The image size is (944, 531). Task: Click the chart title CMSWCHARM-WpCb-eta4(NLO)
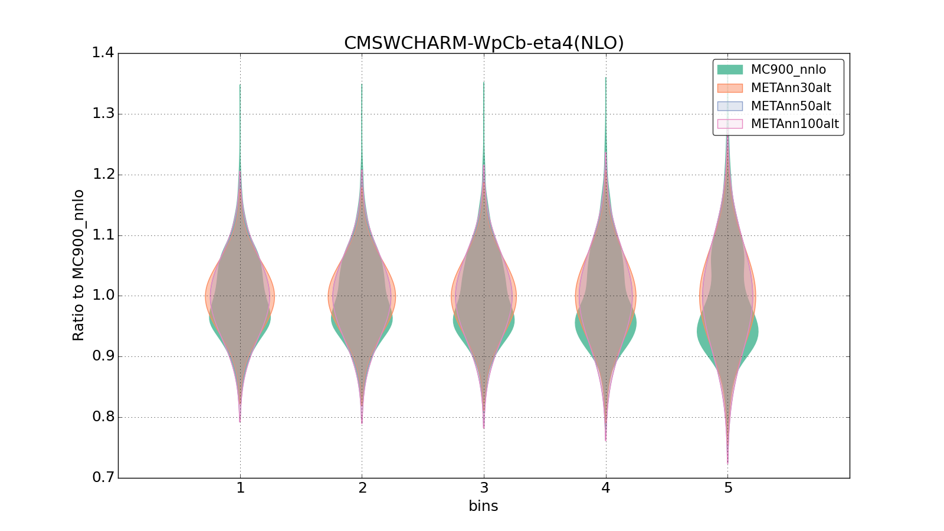(484, 43)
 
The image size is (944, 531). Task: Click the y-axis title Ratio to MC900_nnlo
(78, 265)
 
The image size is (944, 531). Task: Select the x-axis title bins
(483, 506)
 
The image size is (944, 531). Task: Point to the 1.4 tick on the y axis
(103, 53)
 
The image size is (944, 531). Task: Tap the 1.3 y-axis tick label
(103, 114)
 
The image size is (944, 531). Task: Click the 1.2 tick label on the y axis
(103, 175)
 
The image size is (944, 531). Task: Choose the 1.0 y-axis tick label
(103, 296)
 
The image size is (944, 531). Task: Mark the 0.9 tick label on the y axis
(103, 356)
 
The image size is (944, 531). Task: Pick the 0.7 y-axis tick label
(103, 477)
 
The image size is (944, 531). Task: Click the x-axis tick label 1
(240, 489)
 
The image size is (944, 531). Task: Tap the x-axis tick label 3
(484, 489)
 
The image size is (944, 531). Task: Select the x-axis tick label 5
(728, 489)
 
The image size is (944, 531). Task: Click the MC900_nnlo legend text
(788, 70)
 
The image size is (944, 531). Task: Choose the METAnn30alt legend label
(791, 88)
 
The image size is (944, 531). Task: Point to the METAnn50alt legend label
(791, 106)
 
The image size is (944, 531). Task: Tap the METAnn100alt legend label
(794, 124)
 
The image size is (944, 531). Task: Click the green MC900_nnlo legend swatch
(730, 70)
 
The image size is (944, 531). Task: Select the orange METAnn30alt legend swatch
(730, 88)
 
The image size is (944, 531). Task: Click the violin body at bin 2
(362, 295)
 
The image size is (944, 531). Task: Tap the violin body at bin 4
(606, 295)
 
